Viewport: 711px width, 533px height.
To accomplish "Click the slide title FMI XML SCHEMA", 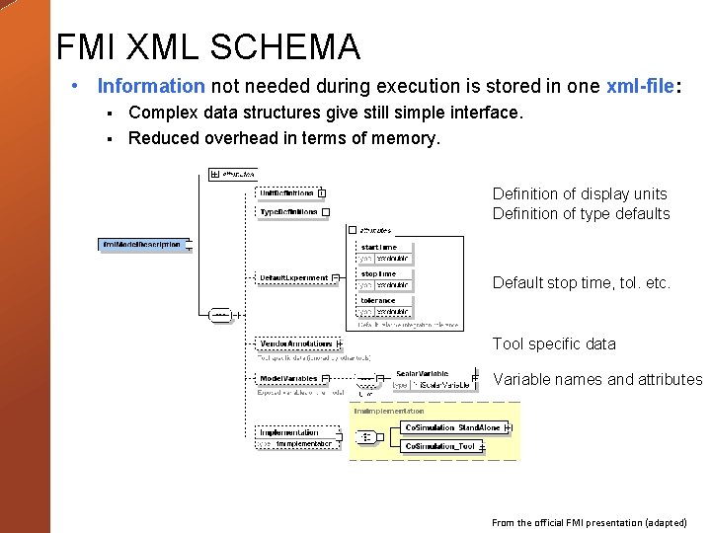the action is pos(208,46).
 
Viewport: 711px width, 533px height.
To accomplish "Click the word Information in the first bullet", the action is pos(150,87).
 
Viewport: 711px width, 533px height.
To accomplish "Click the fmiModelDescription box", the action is pos(142,244).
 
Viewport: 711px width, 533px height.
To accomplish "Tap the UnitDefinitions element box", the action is pos(287,192).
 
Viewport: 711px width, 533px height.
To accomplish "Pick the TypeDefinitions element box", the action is pos(288,211).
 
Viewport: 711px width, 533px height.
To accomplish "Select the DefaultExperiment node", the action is pos(293,277).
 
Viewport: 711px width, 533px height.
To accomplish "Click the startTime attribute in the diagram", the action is pos(379,247).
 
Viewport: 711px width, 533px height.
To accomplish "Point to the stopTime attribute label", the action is pos(378,273).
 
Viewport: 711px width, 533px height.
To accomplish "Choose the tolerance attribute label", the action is pos(378,300).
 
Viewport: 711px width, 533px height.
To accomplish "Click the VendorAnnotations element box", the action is pos(295,343).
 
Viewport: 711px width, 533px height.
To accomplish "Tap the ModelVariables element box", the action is pos(288,378).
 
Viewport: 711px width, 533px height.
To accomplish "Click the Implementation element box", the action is pos(289,431).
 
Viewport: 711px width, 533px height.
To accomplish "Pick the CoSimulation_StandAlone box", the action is pos(454,427).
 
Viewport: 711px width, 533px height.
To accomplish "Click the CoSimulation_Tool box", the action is pos(441,446).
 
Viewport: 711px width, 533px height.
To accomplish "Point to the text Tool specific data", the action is pos(554,343).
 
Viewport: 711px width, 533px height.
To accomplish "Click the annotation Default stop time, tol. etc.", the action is pos(582,282).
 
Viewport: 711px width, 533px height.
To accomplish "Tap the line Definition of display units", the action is pos(580,193).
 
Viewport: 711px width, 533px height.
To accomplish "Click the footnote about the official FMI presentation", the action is pos(590,522).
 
